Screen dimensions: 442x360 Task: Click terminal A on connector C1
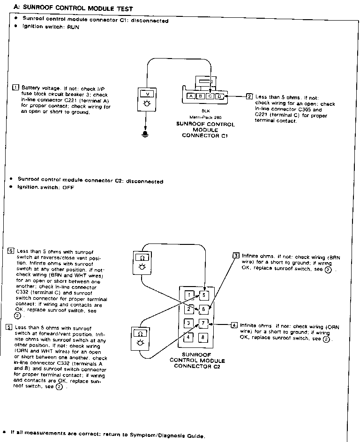pyautogui.click(x=191, y=96)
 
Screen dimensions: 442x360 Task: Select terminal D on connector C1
pyautogui.click(x=220, y=96)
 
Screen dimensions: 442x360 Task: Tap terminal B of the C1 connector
pyautogui.click(x=201, y=96)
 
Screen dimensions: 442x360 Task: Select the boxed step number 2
pyautogui.click(x=249, y=96)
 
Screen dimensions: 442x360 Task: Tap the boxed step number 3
pyautogui.click(x=236, y=256)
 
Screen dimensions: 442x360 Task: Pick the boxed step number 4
pyautogui.click(x=234, y=325)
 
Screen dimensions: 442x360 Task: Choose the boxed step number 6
pyautogui.click(x=11, y=250)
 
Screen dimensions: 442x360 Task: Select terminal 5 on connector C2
pyautogui.click(x=204, y=295)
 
